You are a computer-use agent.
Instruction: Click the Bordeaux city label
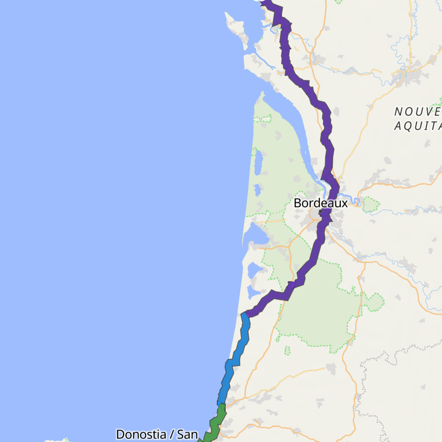[x=320, y=203]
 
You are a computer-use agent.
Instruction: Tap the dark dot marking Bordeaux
[x=320, y=211]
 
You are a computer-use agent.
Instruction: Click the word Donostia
[x=141, y=434]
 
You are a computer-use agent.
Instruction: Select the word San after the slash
[x=187, y=434]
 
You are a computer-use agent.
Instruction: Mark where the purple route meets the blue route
[x=245, y=314]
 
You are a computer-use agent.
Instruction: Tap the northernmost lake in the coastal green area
[x=258, y=162]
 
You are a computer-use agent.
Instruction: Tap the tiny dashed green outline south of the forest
[x=287, y=350]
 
